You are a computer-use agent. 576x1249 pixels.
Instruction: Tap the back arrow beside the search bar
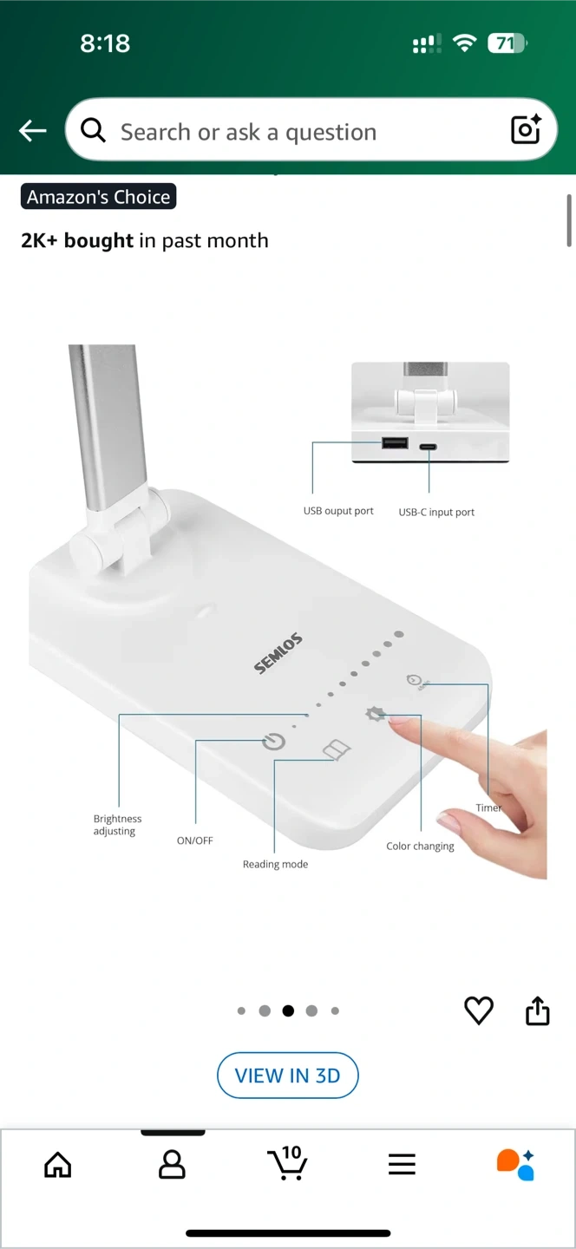32,131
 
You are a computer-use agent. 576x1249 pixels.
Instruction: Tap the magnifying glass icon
93,130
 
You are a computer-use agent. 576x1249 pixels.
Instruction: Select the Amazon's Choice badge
99,197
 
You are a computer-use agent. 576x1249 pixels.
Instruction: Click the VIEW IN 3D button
288,1076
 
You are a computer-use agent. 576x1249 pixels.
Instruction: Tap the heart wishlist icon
479,1010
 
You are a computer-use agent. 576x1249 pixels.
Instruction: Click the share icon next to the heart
538,1010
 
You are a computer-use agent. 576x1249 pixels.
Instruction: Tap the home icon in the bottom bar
58,1164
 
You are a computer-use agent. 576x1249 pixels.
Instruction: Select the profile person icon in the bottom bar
172,1164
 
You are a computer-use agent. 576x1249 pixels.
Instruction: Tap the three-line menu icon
402,1164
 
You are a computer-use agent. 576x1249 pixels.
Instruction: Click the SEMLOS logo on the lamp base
278,653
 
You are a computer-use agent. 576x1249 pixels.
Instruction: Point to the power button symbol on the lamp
274,742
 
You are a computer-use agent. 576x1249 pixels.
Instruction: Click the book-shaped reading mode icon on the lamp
337,750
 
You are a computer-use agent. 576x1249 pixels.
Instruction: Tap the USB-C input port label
436,512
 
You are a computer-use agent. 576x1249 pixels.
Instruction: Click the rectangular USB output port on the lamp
395,443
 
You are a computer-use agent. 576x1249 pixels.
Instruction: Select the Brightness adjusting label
117,825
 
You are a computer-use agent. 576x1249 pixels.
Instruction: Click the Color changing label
420,847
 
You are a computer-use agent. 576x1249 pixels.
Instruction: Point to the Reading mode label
275,864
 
